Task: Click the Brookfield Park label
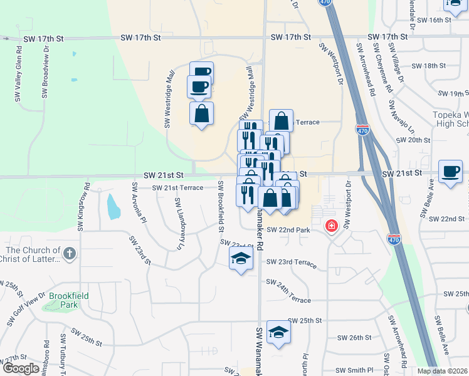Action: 69,300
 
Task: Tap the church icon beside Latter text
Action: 70,254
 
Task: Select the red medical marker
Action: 330,226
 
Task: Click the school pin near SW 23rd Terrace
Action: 240,259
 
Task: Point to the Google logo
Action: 21,368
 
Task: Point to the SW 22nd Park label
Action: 288,230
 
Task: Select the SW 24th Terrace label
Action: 288,291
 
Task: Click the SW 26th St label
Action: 354,337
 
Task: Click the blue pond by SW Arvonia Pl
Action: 112,207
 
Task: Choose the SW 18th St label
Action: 429,65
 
